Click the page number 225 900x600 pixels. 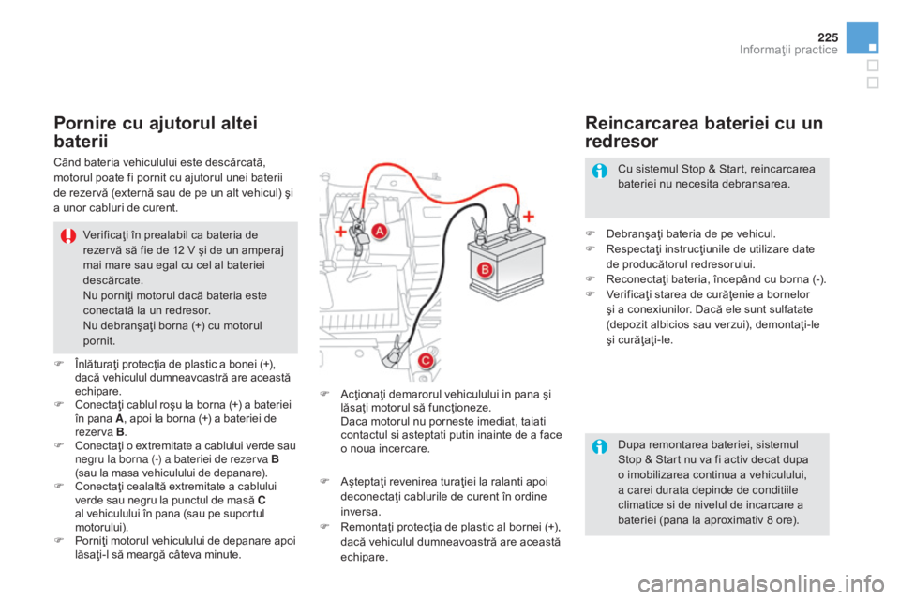click(x=828, y=37)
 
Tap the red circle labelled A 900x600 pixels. click(x=380, y=231)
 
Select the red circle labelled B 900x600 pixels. click(x=485, y=269)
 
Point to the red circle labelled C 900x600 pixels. click(x=426, y=361)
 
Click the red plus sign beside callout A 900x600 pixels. click(x=341, y=231)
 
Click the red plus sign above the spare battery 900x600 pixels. click(x=528, y=216)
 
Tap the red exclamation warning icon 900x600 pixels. click(x=68, y=235)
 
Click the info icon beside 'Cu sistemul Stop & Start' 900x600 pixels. click(x=600, y=171)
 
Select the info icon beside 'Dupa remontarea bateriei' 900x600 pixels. click(x=600, y=446)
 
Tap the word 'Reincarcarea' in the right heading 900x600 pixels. click(x=641, y=123)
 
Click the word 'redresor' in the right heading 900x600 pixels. click(x=622, y=142)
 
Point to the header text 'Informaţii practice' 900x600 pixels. click(x=788, y=50)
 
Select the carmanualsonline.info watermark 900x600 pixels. click(x=760, y=584)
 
